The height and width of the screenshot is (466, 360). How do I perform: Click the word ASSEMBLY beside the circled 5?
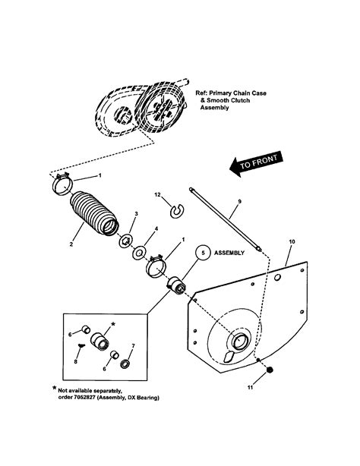(x=233, y=253)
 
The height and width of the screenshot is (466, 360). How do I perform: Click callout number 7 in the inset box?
(x=133, y=345)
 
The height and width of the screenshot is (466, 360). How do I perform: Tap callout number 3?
(x=135, y=215)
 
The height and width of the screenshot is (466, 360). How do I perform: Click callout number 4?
(x=156, y=228)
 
